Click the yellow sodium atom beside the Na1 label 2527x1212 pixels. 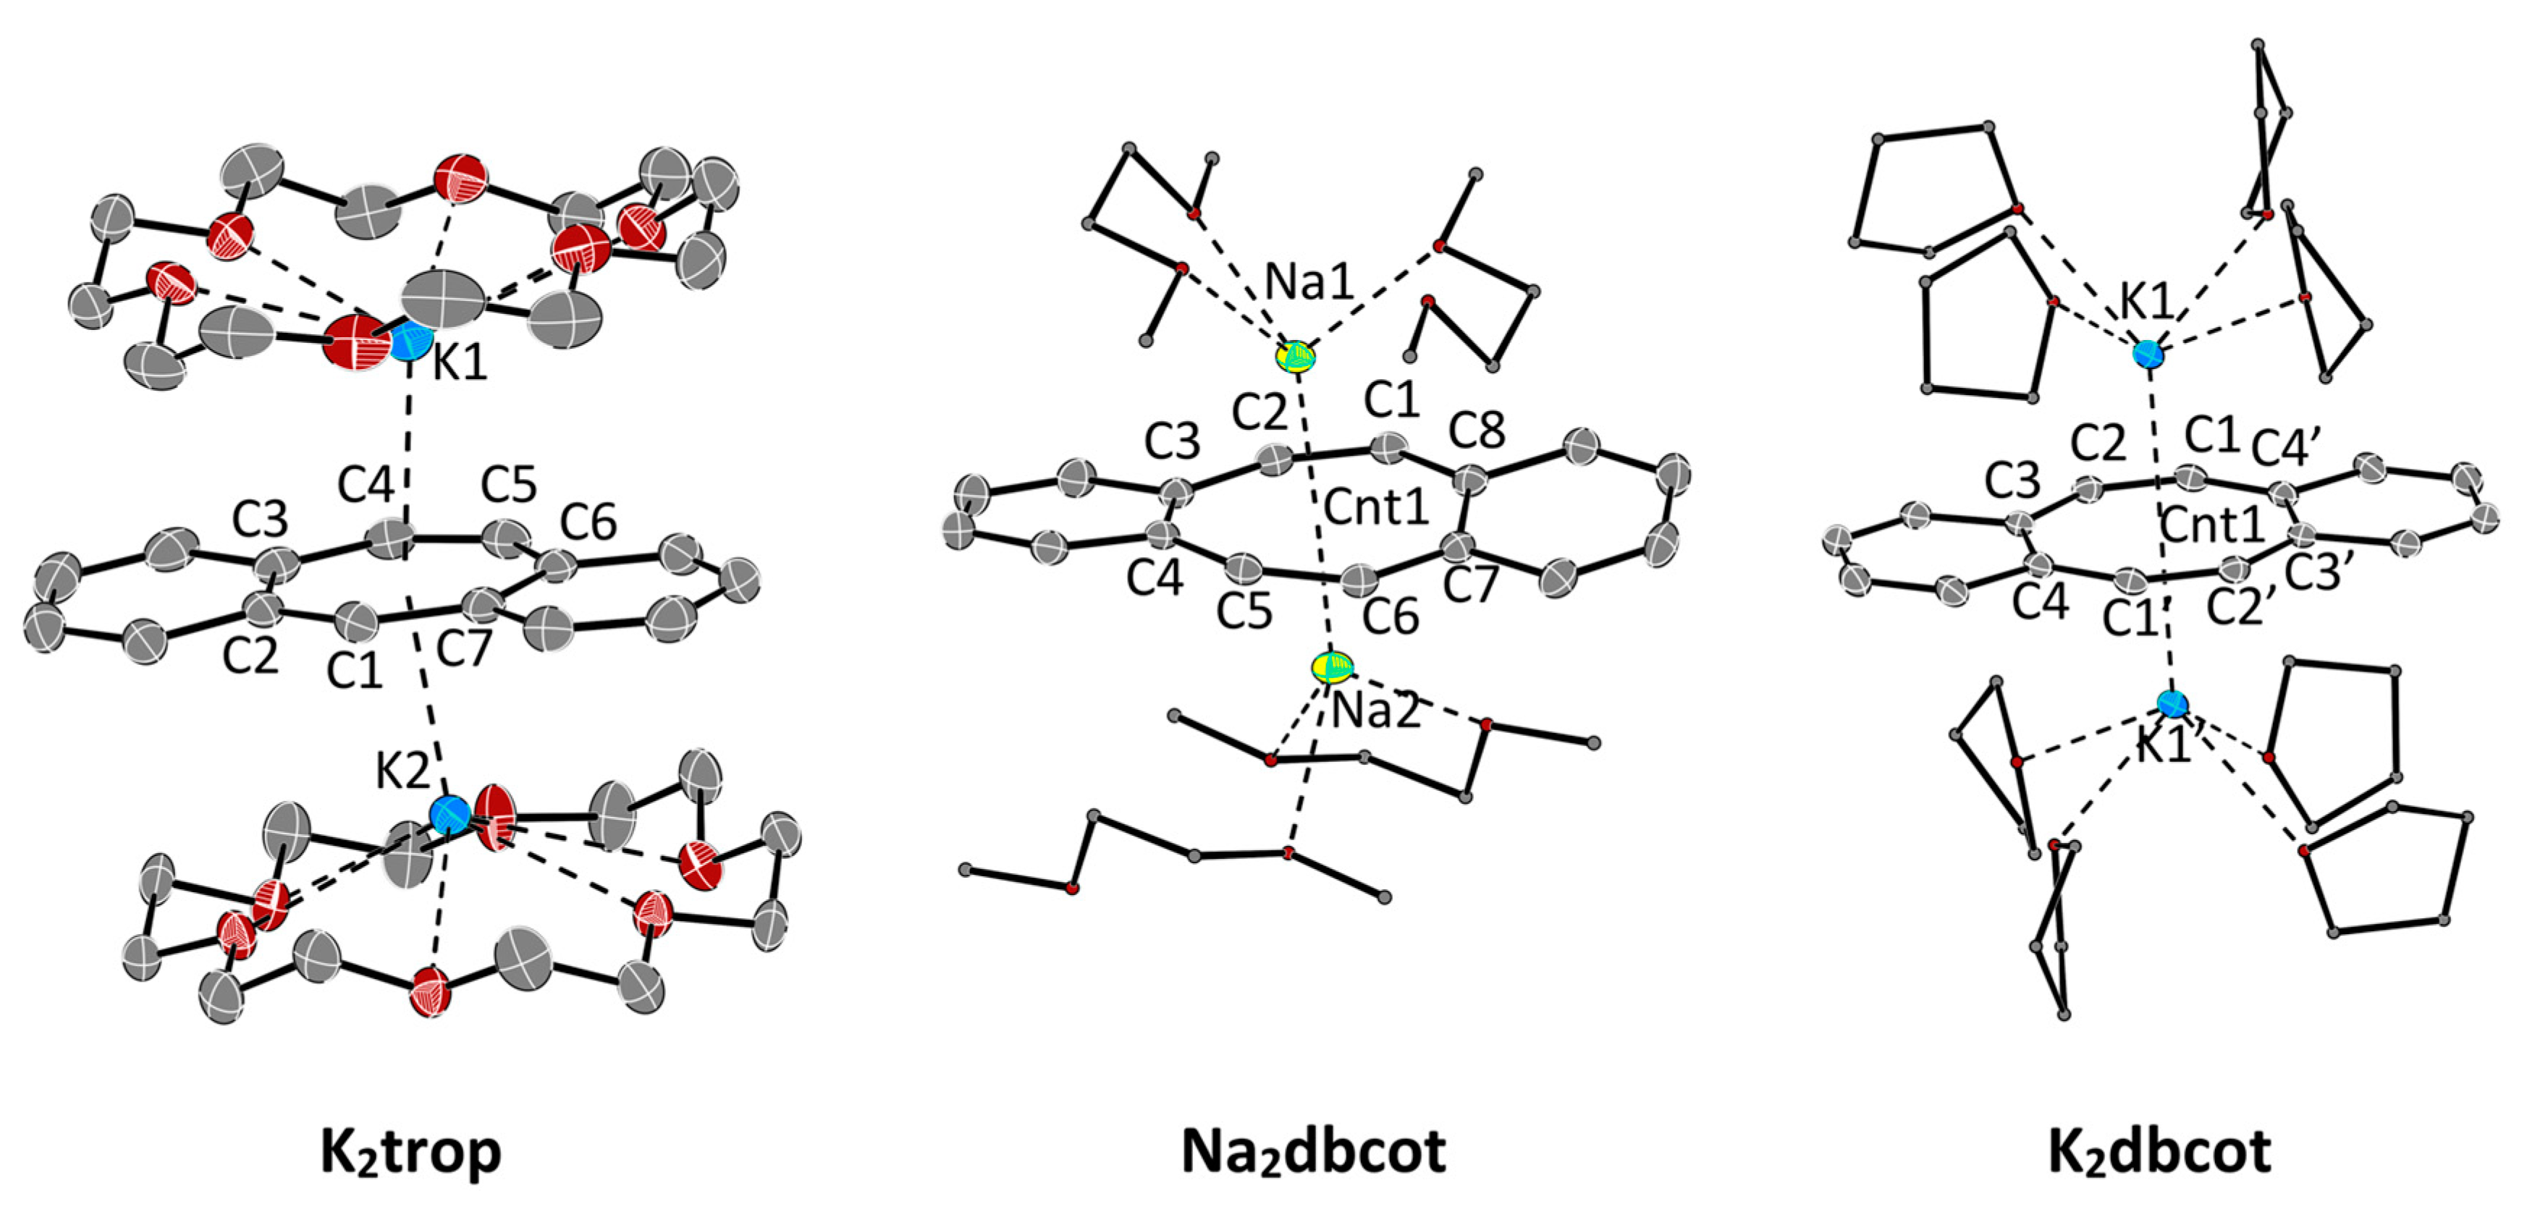[x=1296, y=356]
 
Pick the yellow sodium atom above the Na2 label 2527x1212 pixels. [x=1332, y=668]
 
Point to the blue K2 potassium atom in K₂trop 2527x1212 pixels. [x=450, y=813]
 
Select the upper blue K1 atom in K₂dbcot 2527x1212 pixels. [x=2148, y=353]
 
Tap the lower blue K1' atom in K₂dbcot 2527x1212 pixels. [x=2173, y=703]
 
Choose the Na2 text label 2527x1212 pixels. [x=1375, y=711]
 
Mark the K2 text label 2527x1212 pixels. [x=402, y=774]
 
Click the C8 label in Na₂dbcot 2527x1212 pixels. [x=1477, y=431]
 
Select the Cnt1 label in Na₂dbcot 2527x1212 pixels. [x=1376, y=508]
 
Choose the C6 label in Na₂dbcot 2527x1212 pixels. [x=1391, y=616]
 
